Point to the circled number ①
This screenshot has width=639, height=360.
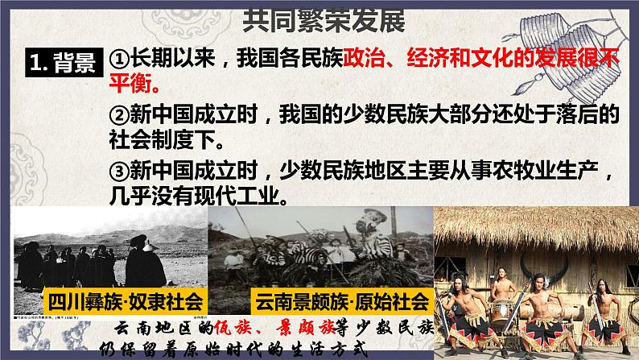119,57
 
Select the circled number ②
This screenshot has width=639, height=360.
119,115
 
